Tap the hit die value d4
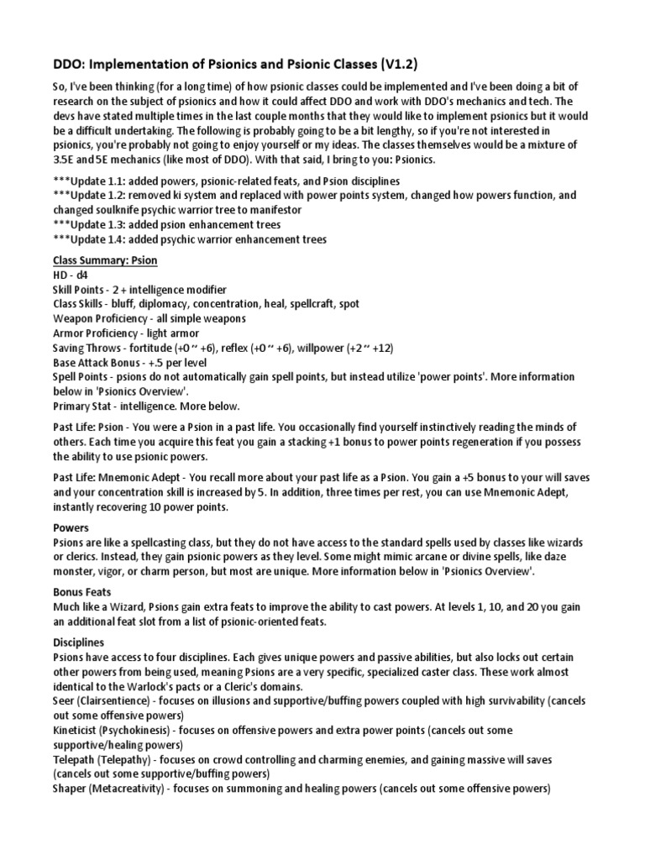pyautogui.click(x=80, y=275)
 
